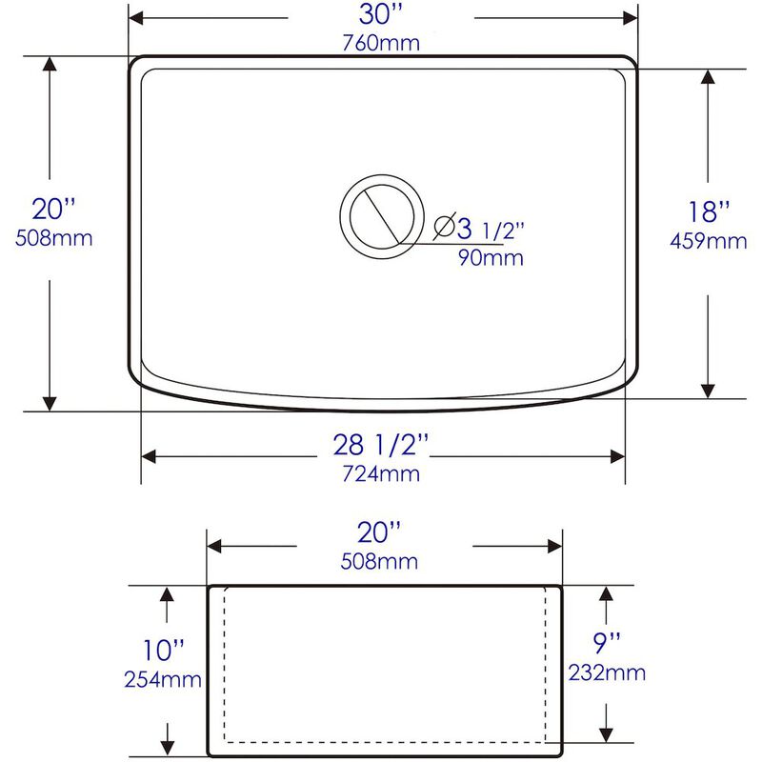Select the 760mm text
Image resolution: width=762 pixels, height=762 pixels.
pyautogui.click(x=381, y=43)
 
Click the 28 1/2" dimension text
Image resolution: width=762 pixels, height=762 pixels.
pyautogui.click(x=381, y=445)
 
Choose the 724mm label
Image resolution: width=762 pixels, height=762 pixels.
pyautogui.click(x=381, y=472)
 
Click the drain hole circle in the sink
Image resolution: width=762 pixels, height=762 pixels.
pyautogui.click(x=380, y=215)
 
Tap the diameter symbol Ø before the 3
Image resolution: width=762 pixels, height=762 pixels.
pyautogui.click(x=445, y=228)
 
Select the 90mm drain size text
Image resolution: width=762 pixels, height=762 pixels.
pyautogui.click(x=491, y=258)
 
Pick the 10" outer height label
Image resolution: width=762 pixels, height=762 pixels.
pyautogui.click(x=163, y=652)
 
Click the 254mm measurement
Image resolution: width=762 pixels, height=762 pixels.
pyautogui.click(x=163, y=679)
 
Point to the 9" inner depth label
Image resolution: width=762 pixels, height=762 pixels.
pyautogui.click(x=606, y=645)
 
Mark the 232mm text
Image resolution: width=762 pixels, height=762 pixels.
pyautogui.click(x=606, y=672)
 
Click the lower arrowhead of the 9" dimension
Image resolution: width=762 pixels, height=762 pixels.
pyautogui.click(x=606, y=734)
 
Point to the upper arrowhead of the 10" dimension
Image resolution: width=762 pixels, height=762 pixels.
pyautogui.click(x=168, y=593)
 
